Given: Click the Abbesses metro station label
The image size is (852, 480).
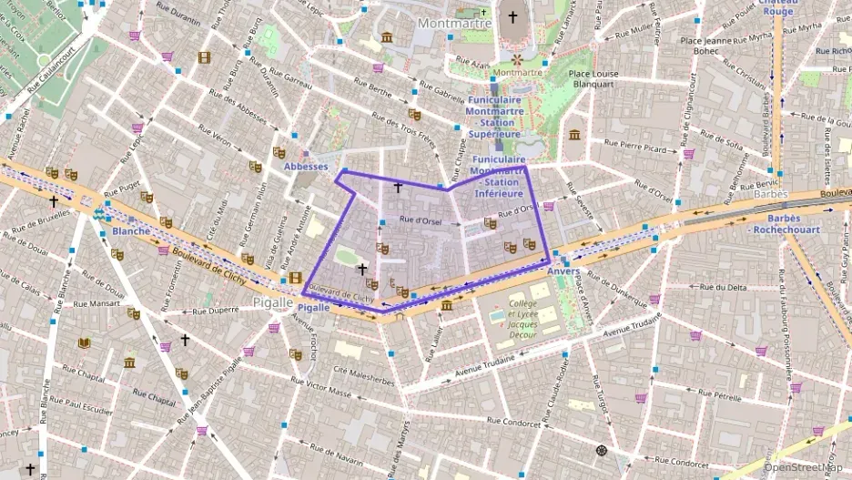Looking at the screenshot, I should [305, 167].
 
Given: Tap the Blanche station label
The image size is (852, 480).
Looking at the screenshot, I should [132, 231].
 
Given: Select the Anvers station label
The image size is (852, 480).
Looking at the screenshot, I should [563, 271].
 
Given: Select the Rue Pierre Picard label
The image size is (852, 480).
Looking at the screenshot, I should [634, 146].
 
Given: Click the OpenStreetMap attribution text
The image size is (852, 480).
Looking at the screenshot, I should [803, 468].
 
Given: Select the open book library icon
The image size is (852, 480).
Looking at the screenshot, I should [85, 342].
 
